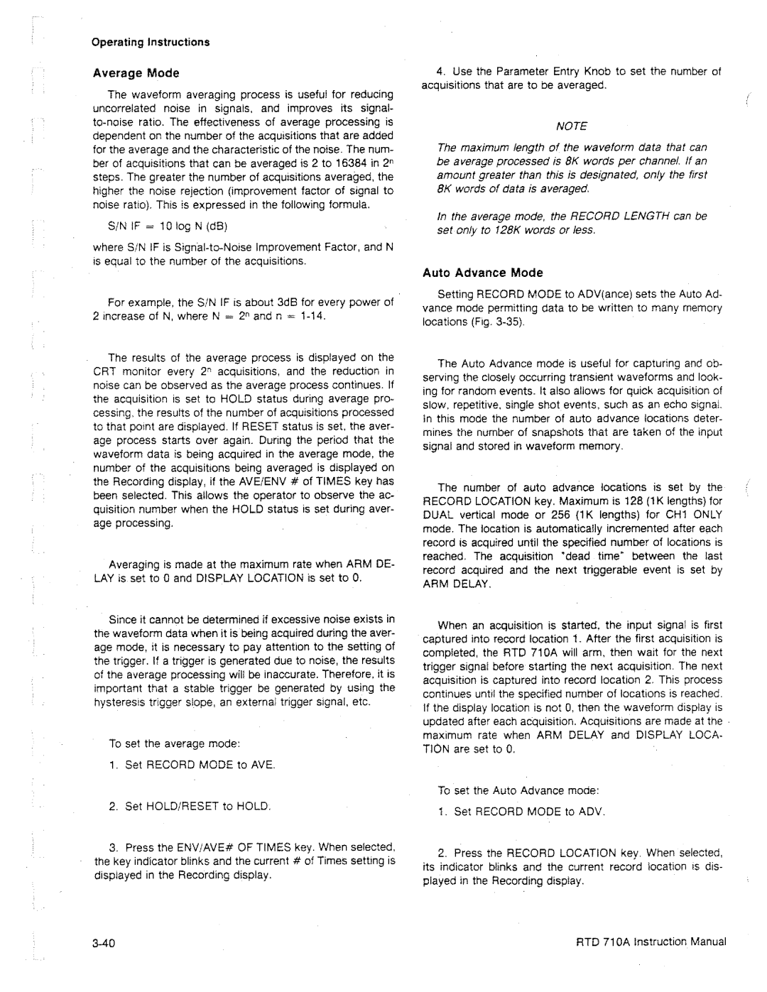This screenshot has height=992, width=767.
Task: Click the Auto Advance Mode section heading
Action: (483, 273)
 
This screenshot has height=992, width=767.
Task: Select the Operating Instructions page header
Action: (151, 42)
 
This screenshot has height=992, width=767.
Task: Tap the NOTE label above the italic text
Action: (572, 126)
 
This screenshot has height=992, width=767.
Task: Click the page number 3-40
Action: (103, 942)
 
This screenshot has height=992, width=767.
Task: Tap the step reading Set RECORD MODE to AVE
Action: (192, 764)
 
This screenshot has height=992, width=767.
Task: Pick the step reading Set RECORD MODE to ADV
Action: (529, 811)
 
